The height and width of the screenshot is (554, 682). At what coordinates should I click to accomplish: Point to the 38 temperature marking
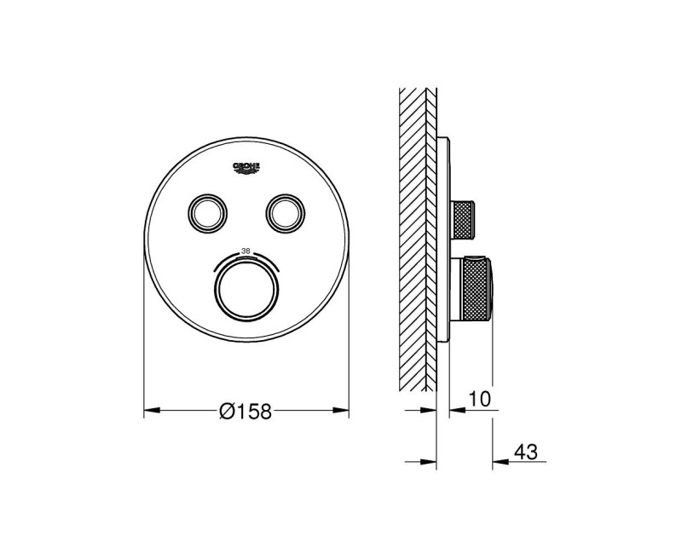[246, 251]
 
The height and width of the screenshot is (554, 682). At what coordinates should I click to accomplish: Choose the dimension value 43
[525, 453]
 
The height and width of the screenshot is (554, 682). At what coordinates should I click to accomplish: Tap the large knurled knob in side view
[476, 291]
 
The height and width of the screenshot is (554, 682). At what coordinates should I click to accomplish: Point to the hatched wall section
[418, 239]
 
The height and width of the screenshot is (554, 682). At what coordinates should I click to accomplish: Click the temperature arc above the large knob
[246, 258]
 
